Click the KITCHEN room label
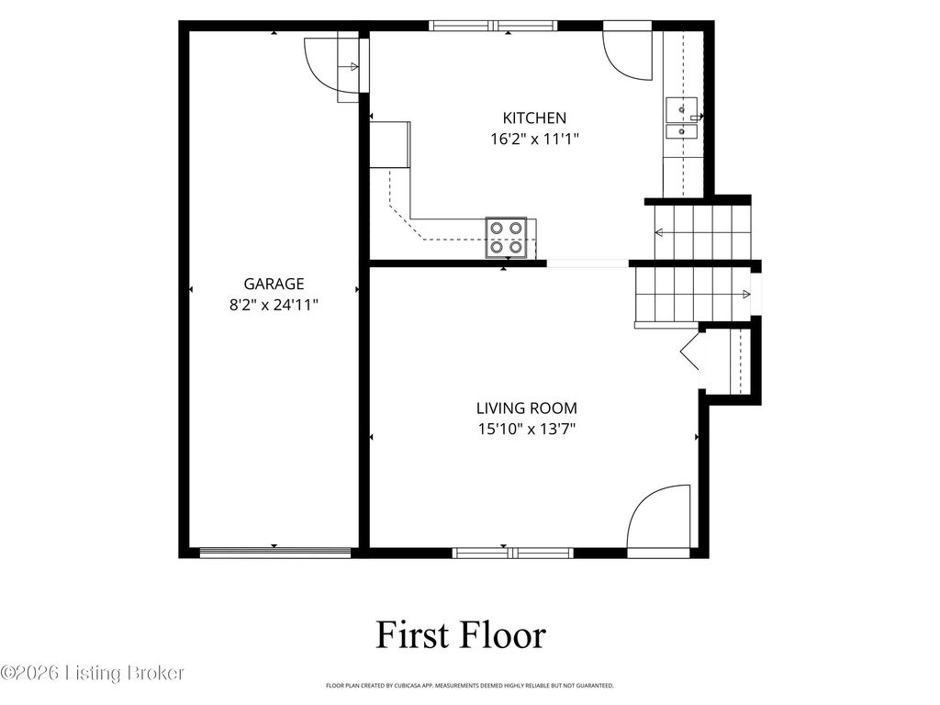pyautogui.click(x=534, y=117)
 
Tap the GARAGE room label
pyautogui.click(x=274, y=284)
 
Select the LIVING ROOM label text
pyautogui.click(x=527, y=408)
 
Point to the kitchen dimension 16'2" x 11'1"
pyautogui.click(x=535, y=140)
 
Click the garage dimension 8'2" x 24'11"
pyautogui.click(x=274, y=305)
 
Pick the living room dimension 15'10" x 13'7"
pyautogui.click(x=527, y=430)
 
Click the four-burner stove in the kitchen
pyautogui.click(x=507, y=238)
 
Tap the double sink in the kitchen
pyautogui.click(x=682, y=118)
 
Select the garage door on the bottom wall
pyautogui.click(x=275, y=553)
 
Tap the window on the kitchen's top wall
pyautogui.click(x=493, y=25)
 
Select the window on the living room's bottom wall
pyautogui.click(x=512, y=553)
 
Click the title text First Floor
pyautogui.click(x=461, y=635)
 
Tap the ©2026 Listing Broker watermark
pyautogui.click(x=93, y=673)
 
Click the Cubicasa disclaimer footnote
pyautogui.click(x=469, y=685)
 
